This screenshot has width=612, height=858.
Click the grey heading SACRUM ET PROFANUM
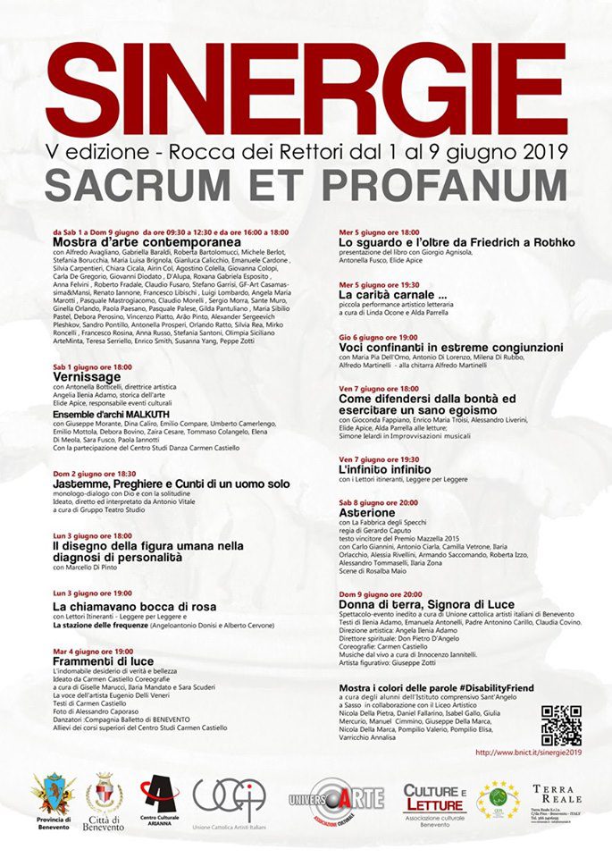pos(306,183)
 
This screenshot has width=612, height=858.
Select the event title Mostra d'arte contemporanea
pos(147,242)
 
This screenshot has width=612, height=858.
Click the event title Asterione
pos(366,514)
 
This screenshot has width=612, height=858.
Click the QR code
pos(560,725)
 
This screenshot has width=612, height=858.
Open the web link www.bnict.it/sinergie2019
pos(528,752)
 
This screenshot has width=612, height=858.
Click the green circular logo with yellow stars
pos(498,799)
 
